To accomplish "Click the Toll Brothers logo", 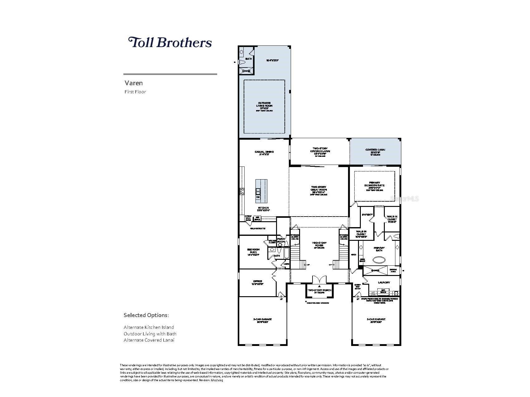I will [x=170, y=42].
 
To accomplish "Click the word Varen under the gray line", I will [x=134, y=83].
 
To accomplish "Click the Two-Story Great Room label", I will [x=318, y=190].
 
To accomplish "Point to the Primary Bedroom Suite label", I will [x=374, y=185].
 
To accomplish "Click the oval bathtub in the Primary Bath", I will [x=379, y=260].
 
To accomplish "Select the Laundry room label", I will [x=384, y=283].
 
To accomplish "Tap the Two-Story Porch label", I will [x=319, y=291].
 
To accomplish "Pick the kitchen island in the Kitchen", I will [x=261, y=191].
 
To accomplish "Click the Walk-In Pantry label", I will [x=257, y=229].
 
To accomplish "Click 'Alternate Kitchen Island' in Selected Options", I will [x=149, y=327].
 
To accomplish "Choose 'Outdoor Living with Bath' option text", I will [x=150, y=334].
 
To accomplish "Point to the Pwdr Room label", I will [x=281, y=240].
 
